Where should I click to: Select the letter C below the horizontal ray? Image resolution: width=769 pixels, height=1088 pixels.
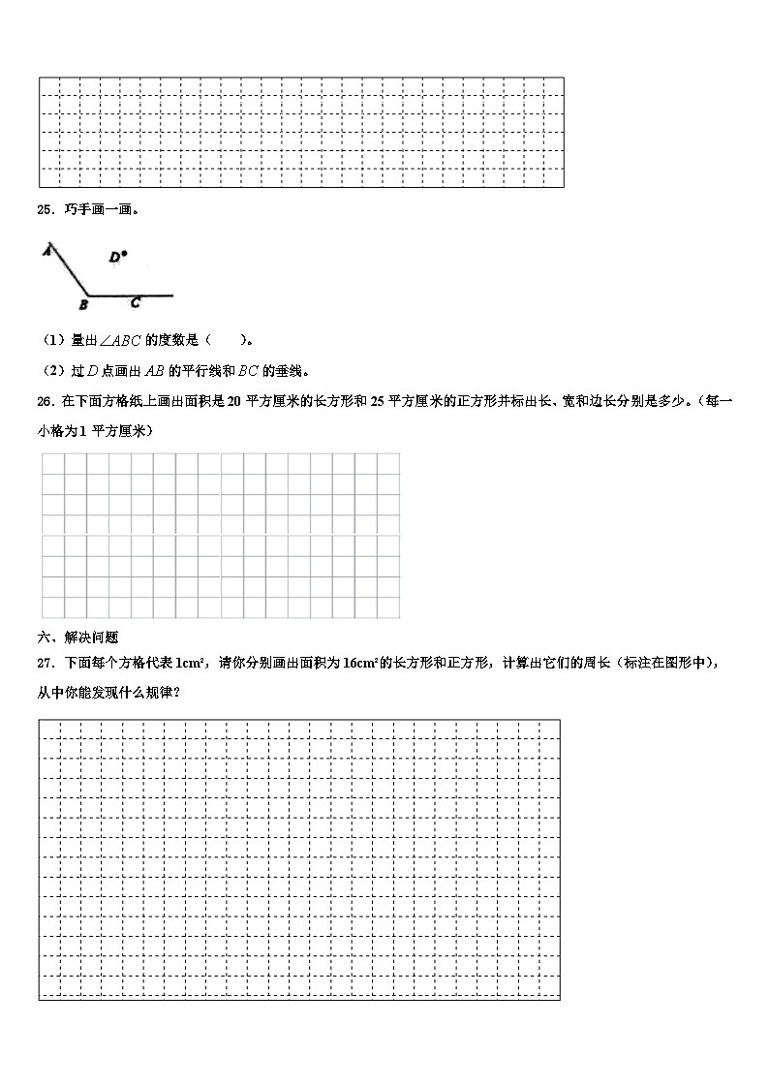click(135, 303)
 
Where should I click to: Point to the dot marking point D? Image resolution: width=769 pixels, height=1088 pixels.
click(124, 254)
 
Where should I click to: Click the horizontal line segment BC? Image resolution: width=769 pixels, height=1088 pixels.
click(131, 295)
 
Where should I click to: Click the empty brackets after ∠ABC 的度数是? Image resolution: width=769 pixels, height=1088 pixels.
click(226, 340)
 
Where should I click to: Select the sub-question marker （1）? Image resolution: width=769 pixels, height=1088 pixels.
click(51, 340)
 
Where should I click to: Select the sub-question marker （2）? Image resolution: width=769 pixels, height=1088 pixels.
click(51, 370)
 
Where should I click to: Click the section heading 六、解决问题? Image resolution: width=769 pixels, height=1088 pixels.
click(77, 637)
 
